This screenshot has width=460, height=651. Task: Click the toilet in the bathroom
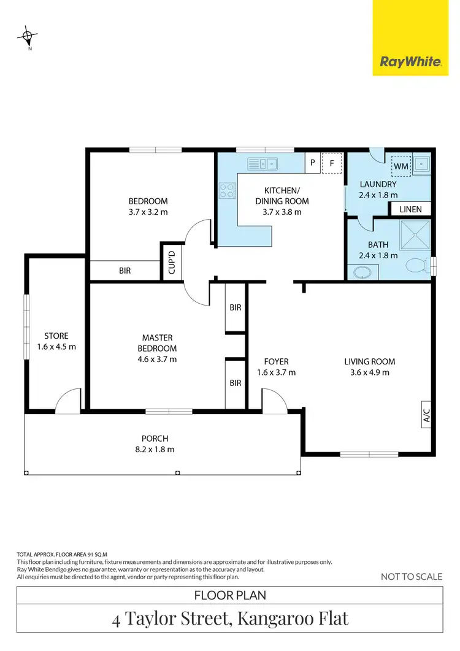click(x=418, y=265)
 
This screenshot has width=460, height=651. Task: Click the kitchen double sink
click(x=263, y=163)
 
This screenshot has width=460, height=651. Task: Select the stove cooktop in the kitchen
click(x=227, y=191)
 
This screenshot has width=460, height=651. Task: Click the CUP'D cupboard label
click(x=172, y=263)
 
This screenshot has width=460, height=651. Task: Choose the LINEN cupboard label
click(x=410, y=209)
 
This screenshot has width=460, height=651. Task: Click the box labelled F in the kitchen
click(x=332, y=163)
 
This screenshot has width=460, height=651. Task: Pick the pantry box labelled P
click(x=313, y=163)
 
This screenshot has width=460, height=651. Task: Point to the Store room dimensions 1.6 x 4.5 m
click(x=60, y=347)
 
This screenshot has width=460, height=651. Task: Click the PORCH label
click(x=155, y=439)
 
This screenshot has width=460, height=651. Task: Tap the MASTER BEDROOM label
click(x=157, y=343)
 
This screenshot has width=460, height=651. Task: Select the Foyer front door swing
click(x=273, y=399)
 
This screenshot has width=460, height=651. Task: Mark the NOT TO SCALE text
click(x=411, y=576)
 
